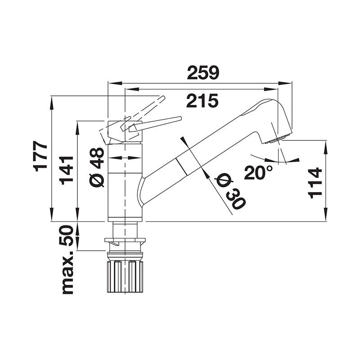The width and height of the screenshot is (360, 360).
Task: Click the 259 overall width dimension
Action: [x=203, y=72]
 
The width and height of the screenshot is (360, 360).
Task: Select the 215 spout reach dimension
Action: [x=202, y=101]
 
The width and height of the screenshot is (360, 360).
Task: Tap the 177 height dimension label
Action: [x=40, y=156]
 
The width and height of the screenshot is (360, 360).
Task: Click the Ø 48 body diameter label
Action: [x=97, y=166]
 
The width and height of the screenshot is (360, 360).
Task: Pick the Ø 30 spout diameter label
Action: [x=231, y=191]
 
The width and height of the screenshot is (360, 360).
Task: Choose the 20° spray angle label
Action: [x=258, y=172]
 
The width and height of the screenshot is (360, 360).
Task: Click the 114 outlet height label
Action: [x=315, y=183]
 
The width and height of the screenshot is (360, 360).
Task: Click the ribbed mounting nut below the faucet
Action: [x=125, y=276]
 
